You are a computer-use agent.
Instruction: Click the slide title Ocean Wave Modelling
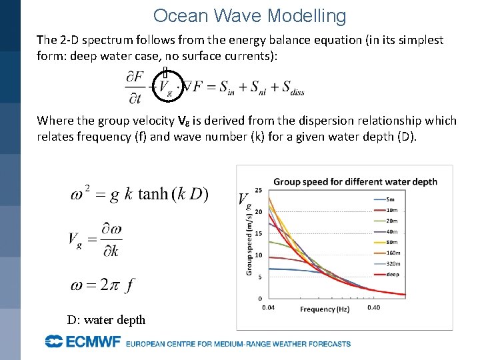(249, 16)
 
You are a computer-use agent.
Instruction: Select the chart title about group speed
(355, 182)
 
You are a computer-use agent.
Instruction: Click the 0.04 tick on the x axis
(268, 307)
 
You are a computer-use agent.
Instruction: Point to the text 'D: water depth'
(106, 320)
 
